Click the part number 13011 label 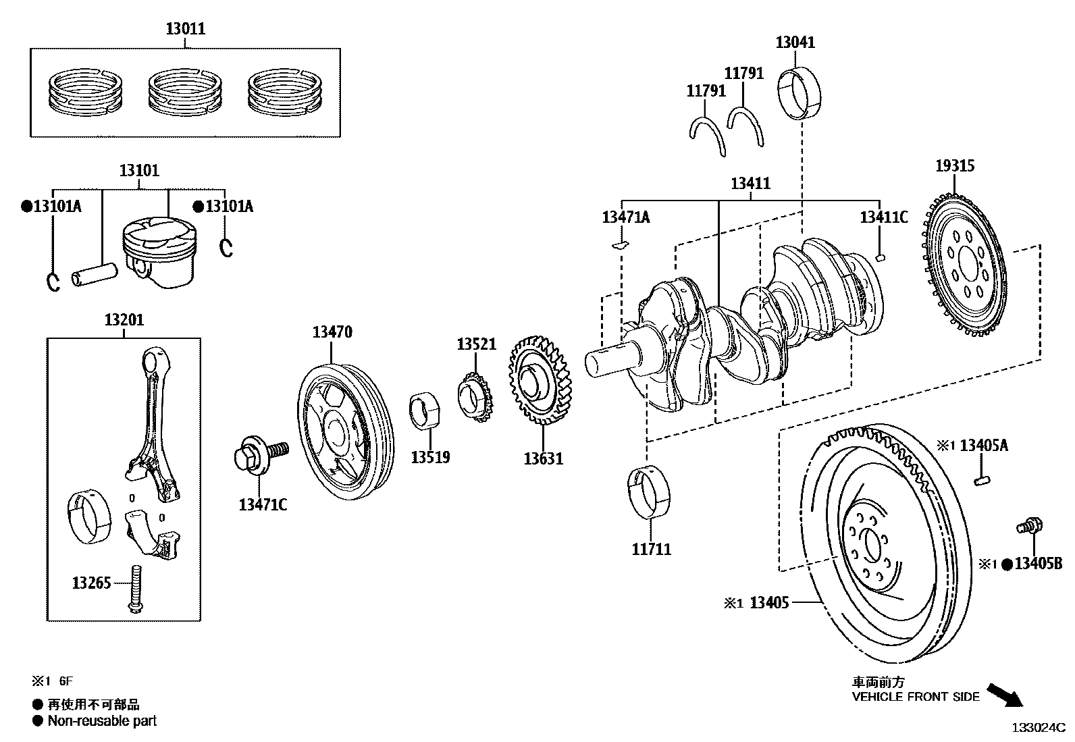click(x=185, y=29)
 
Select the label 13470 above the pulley click(x=332, y=332)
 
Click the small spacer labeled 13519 click(x=425, y=409)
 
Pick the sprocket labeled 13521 click(x=475, y=398)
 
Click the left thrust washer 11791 click(x=708, y=135)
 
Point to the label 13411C click(x=883, y=217)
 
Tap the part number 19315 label click(x=955, y=165)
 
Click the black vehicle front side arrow click(x=1005, y=694)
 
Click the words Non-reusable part click(x=101, y=721)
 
